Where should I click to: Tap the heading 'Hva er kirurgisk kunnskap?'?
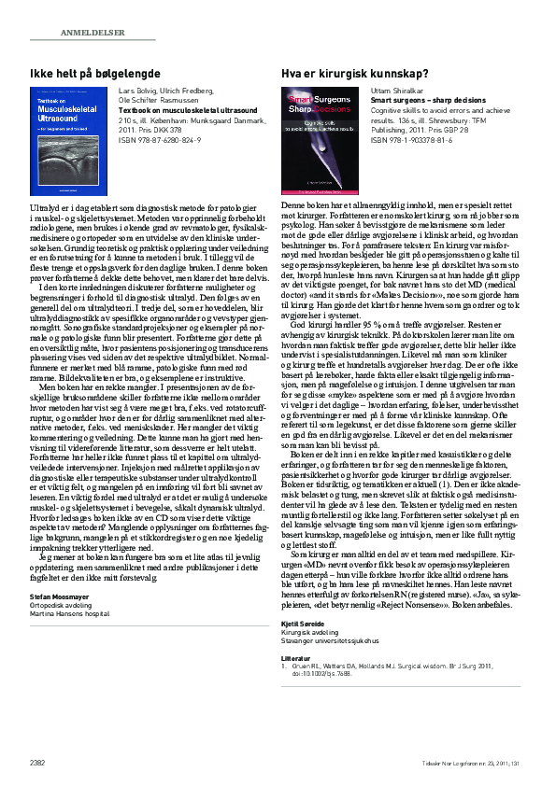point(355,73)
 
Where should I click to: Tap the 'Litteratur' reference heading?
point(298,657)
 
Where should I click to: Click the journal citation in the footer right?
point(480,765)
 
